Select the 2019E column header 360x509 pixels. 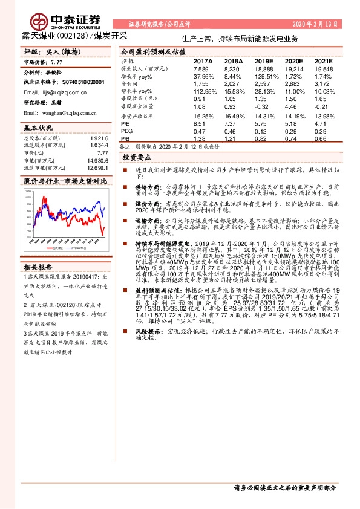click(x=264, y=62)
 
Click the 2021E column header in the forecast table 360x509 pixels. click(x=323, y=62)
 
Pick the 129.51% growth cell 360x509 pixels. click(x=265, y=77)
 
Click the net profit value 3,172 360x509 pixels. click(x=323, y=84)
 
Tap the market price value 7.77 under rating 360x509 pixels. click(x=57, y=62)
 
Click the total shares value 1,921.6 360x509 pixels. click(x=99, y=138)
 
